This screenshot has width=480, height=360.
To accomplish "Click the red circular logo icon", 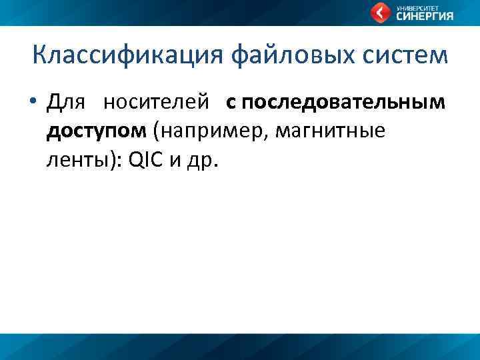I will tap(381, 12).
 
